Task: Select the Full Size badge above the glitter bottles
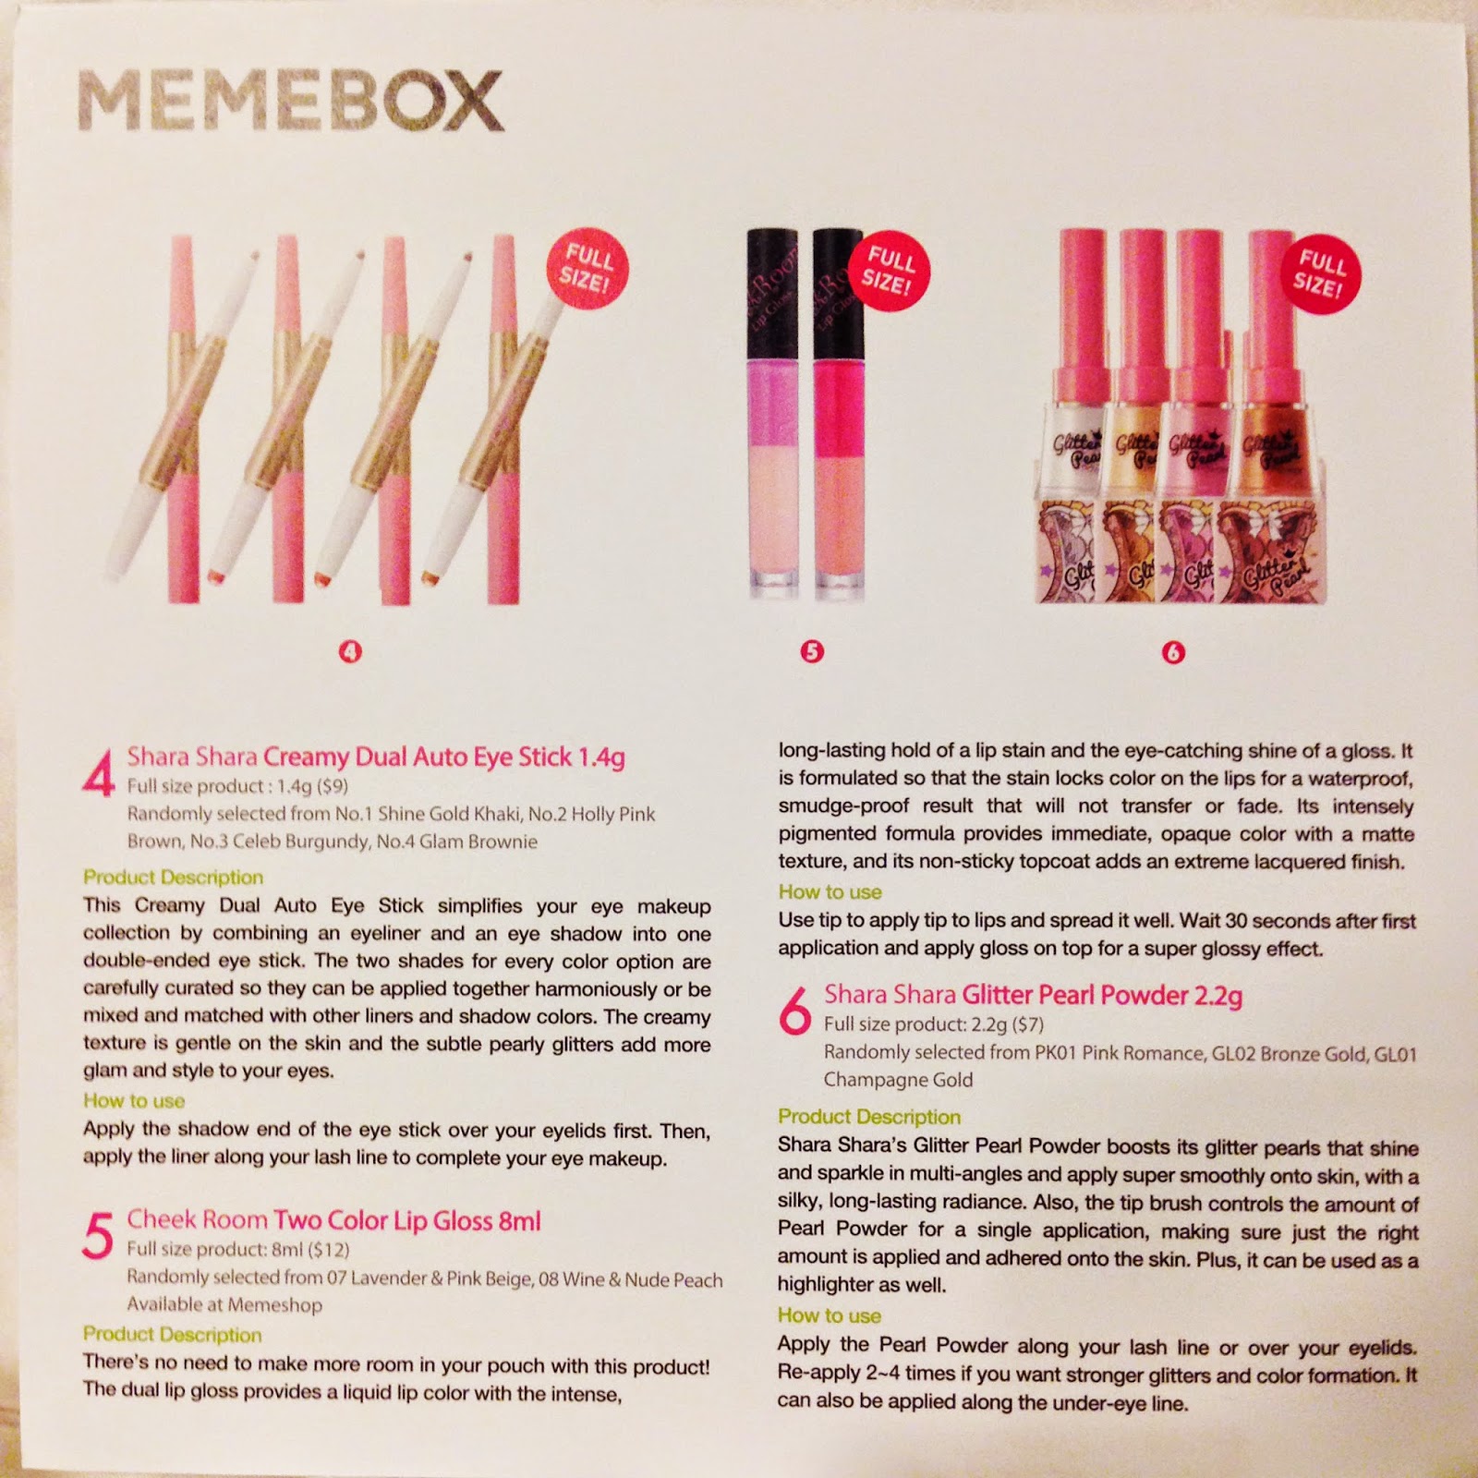(x=1319, y=274)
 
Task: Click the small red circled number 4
(x=350, y=651)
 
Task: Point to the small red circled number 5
(x=811, y=651)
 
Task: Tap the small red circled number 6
(x=1173, y=652)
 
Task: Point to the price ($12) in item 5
(x=329, y=1250)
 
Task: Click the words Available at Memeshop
(x=224, y=1304)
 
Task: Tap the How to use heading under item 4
(x=134, y=1100)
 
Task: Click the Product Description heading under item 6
(x=869, y=1117)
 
